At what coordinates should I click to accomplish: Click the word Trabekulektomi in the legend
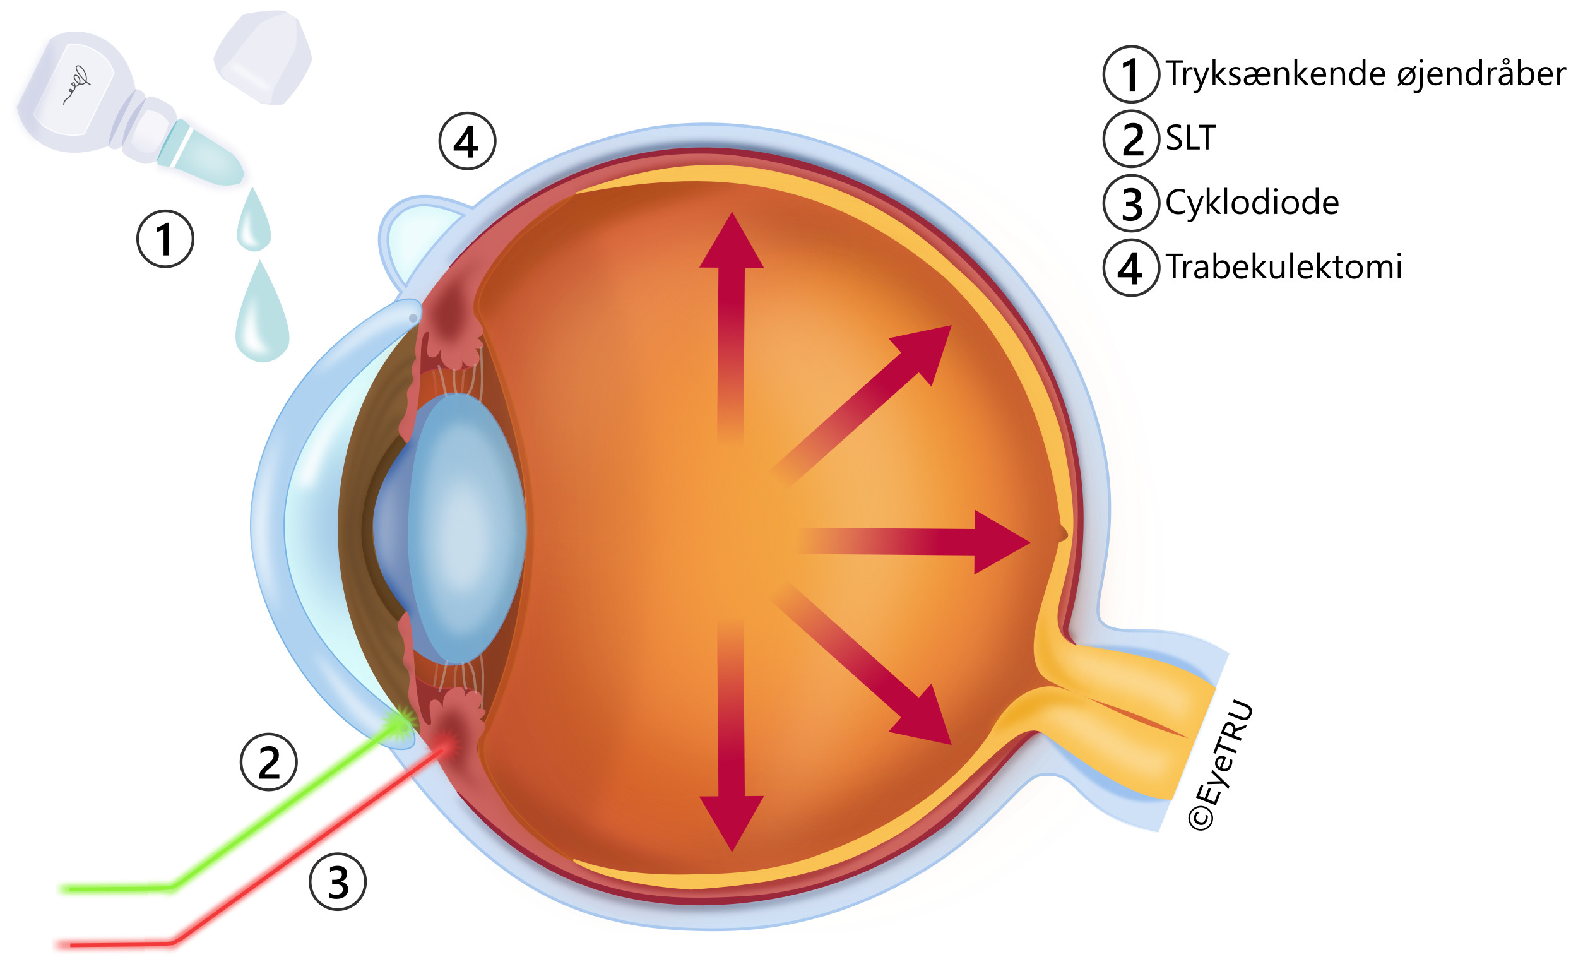[x=1283, y=268]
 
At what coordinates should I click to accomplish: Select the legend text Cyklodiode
[x=1252, y=203]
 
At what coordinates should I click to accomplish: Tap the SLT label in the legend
[x=1190, y=138]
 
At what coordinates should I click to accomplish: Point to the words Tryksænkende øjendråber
[x=1365, y=74]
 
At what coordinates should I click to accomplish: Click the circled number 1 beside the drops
[x=165, y=239]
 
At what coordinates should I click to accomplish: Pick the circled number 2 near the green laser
[x=268, y=763]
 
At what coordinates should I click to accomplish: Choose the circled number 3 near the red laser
[x=338, y=882]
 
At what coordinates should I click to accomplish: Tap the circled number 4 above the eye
[x=467, y=141]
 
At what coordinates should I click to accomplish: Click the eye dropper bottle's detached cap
[x=263, y=57]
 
